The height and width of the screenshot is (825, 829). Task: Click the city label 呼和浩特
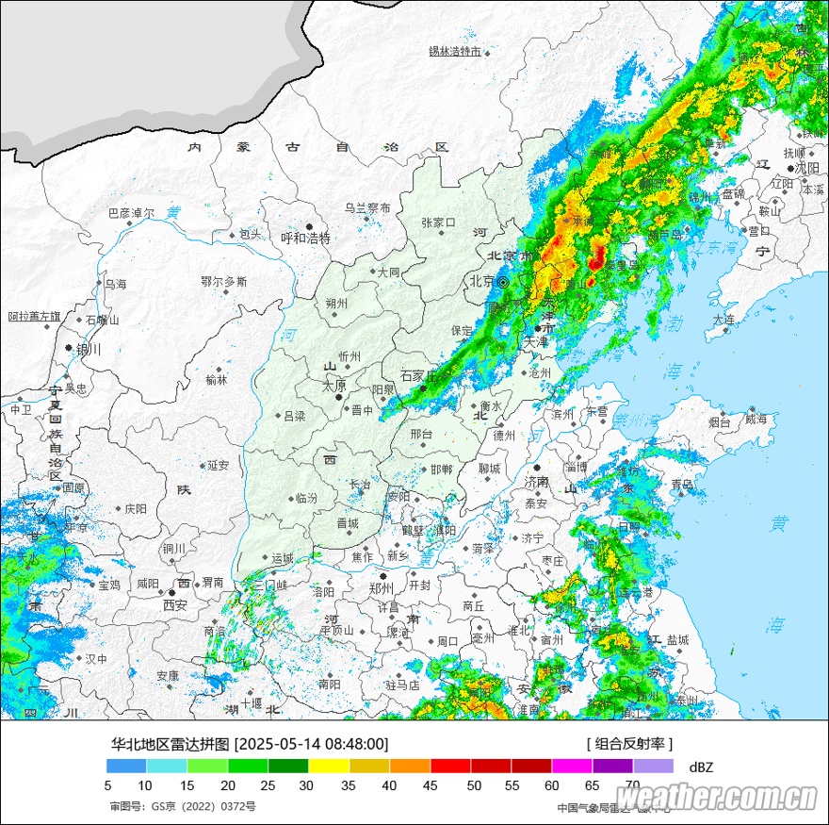point(306,239)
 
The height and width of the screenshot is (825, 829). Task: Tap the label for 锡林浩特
point(454,51)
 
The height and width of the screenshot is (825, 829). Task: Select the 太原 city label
point(334,386)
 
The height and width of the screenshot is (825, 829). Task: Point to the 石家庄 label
point(420,375)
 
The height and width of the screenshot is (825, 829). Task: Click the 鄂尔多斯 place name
point(224,281)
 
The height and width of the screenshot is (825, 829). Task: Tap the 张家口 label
point(438,223)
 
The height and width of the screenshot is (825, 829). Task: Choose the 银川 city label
point(88,349)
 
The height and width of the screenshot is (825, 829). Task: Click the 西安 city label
point(175,604)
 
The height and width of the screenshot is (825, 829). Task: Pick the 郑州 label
point(382,588)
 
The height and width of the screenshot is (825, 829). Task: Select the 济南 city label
point(536,482)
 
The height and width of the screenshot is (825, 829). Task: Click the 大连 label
point(723,320)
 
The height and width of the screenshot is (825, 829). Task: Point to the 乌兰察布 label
point(366,207)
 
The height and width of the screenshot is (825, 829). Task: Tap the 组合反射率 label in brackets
point(629,744)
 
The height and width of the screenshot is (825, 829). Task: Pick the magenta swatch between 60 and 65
point(571,767)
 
